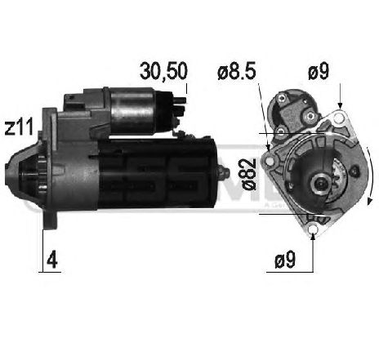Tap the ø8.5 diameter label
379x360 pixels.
(x=237, y=72)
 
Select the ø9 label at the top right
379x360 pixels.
(x=318, y=72)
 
